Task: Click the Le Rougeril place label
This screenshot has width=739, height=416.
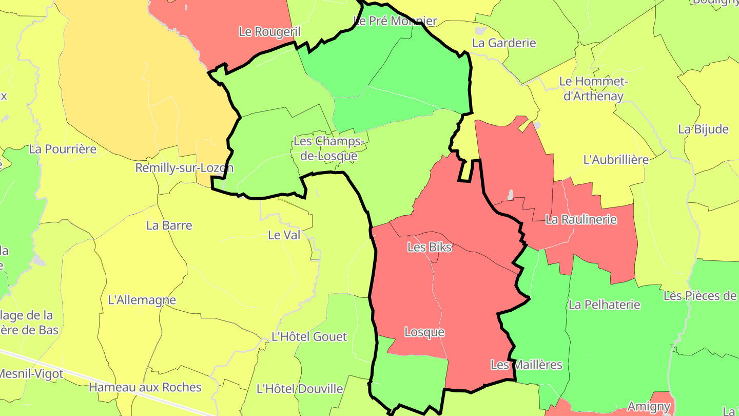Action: pos(269,31)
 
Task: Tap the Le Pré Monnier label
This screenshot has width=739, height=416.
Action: pos(395,21)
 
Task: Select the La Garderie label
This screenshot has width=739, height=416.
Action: pos(504,43)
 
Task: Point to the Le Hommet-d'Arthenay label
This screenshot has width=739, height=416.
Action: pos(593,88)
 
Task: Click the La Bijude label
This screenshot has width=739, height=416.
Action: pos(703,129)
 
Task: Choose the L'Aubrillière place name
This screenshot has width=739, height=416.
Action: pos(616,160)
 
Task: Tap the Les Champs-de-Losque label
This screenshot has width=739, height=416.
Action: pos(329,148)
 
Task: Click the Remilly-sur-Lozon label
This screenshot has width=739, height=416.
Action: pos(184,168)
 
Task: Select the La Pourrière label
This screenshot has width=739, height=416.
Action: pos(63,149)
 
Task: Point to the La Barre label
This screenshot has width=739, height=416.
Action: pos(169,225)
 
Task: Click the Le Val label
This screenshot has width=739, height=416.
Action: pos(284,235)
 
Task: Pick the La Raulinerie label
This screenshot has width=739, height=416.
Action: pos(581,219)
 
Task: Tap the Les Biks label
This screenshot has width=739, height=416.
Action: pos(430,247)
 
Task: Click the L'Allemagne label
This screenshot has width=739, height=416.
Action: pos(142,300)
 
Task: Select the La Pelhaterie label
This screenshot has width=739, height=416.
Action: pos(605,305)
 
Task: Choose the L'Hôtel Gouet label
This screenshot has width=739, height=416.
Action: pos(309,337)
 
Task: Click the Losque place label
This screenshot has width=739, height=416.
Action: pos(424,332)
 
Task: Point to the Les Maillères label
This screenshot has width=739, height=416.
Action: pos(527,365)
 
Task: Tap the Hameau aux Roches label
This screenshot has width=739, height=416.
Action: pos(145,387)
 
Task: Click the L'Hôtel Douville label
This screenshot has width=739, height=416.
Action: pos(300,388)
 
